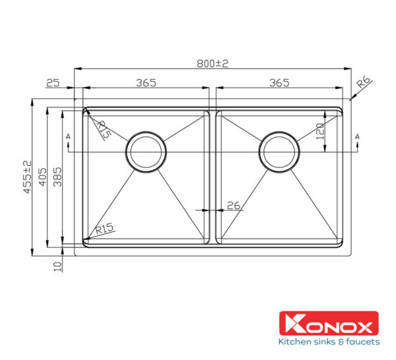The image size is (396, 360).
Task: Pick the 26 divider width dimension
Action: click(233, 205)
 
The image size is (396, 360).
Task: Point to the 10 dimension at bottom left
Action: click(57, 266)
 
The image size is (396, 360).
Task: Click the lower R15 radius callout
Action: click(105, 229)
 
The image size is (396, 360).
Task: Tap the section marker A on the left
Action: click(69, 136)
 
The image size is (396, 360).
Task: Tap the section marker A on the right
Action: click(357, 136)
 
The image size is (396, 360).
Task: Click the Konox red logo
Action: click(329, 324)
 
